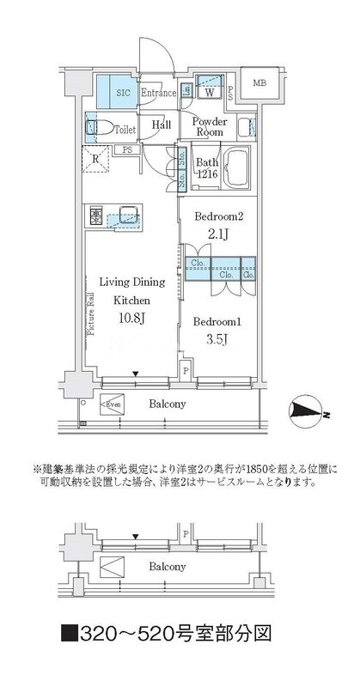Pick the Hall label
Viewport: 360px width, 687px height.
point(162,125)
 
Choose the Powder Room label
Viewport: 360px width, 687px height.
point(209,127)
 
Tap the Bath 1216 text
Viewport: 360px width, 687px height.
point(207,168)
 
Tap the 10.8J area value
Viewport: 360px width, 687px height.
point(130,319)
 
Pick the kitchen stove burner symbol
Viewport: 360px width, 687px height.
point(97,213)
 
